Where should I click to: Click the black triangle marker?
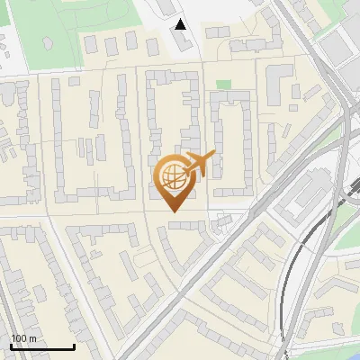[181, 25]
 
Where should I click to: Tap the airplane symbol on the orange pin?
[198, 165]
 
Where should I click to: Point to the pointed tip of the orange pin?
[174, 211]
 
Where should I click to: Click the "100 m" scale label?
[23, 338]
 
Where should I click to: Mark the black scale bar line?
[42, 347]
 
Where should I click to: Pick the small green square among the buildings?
[223, 85]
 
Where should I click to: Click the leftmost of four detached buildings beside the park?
[91, 44]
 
